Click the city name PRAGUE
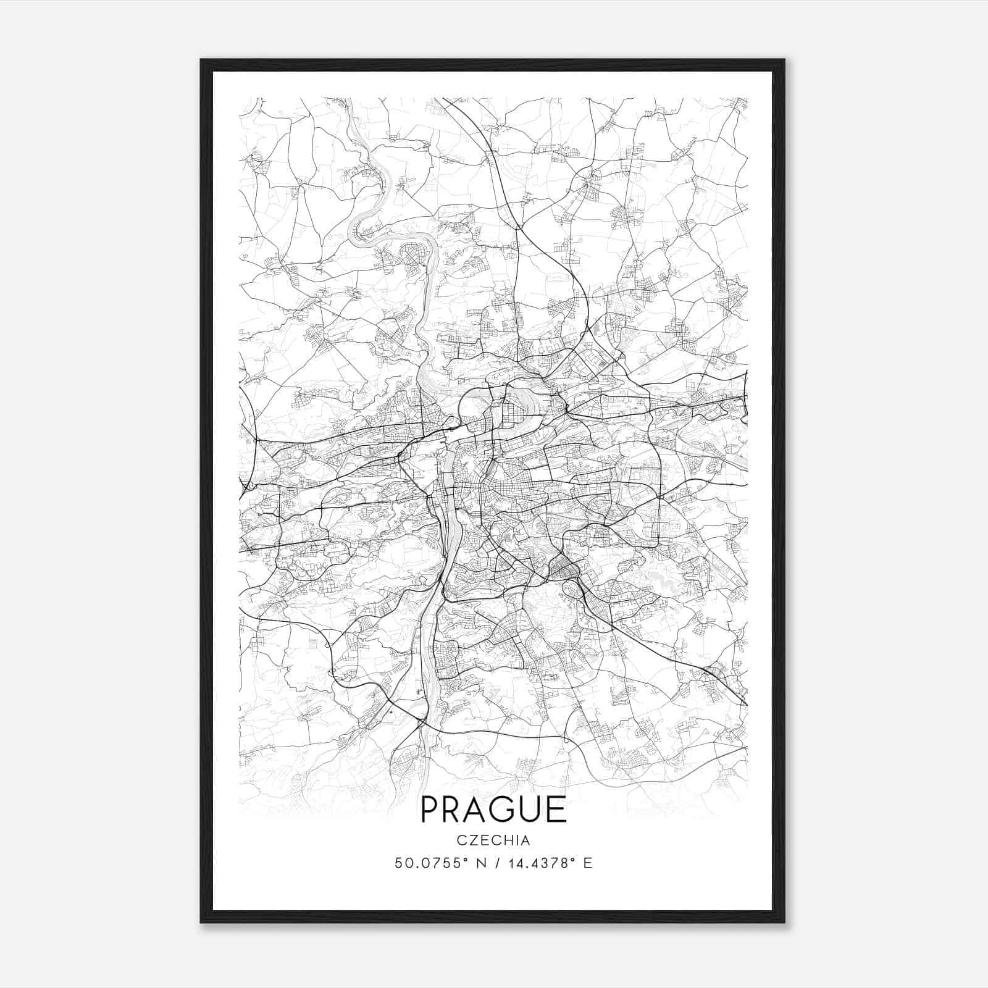pos(493,810)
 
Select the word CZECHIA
pos(493,840)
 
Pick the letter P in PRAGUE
pos(430,810)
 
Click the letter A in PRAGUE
pos(479,810)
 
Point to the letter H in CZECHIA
pos(508,840)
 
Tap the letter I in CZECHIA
pos(517,840)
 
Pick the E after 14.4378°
pos(588,863)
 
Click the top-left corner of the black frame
pos(201,60)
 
